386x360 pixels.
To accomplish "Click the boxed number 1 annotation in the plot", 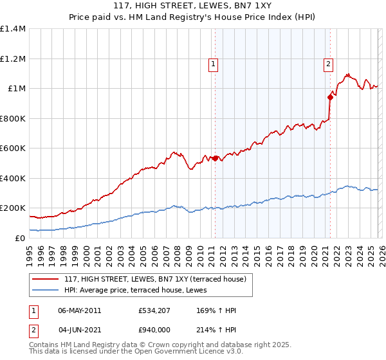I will pos(213,64).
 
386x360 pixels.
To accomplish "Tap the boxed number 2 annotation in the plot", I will pos(328,64).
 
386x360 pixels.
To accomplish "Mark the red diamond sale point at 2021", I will pos(330,98).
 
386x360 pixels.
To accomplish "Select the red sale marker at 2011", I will pos(215,157).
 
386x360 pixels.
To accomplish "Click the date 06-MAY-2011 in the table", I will pos(80,310).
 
